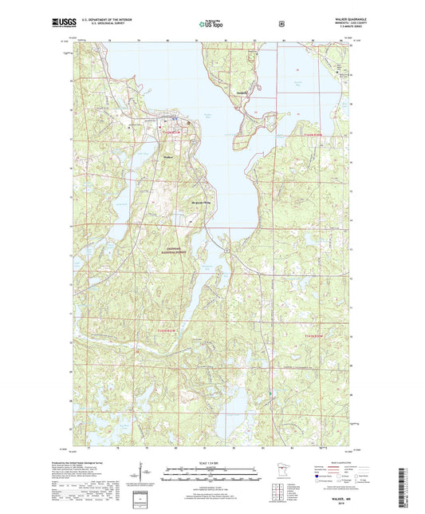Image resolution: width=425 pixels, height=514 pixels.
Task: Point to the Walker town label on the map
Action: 168,156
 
